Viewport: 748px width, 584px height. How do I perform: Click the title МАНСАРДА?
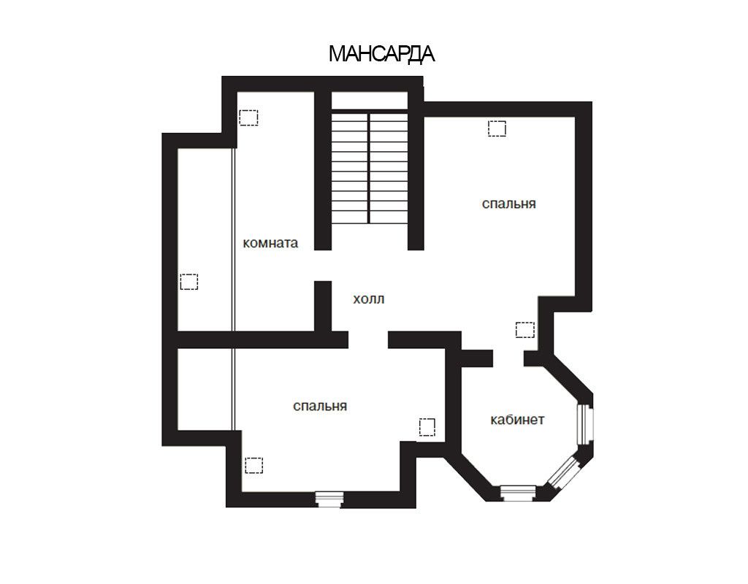381,54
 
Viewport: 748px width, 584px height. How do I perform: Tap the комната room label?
270,242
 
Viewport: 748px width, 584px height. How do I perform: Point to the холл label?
369,299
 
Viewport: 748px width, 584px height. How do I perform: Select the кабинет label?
518,420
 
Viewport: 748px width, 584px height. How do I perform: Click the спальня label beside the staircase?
509,204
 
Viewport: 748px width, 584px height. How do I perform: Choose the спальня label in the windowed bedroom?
320,406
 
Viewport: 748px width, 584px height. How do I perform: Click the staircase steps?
370,167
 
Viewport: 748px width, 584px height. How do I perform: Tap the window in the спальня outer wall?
329,499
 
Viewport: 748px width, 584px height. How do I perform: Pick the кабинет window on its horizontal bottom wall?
518,493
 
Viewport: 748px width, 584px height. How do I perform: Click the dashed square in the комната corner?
248,118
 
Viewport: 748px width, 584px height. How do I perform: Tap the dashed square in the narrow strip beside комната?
189,282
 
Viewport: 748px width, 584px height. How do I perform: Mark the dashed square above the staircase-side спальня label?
497,128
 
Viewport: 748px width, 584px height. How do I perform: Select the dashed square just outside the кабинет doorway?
525,330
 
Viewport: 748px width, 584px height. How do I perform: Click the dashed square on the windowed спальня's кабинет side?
427,427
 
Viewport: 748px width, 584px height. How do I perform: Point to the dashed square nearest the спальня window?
253,465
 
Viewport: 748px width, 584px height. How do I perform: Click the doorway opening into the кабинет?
508,358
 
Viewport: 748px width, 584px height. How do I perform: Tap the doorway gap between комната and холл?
323,266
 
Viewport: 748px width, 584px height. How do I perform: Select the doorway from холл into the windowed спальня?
368,339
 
